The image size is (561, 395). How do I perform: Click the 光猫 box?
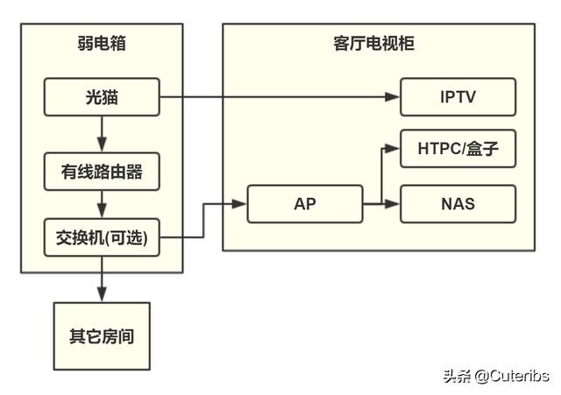[102, 96]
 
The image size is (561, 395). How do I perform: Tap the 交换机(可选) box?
[102, 237]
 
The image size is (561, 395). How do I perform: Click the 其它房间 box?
[102, 335]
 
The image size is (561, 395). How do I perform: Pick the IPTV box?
[458, 96]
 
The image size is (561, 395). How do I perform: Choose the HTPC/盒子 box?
[458, 149]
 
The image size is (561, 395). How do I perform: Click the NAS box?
[458, 203]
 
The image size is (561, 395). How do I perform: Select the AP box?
[305, 203]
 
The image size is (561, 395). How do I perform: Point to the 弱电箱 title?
[102, 43]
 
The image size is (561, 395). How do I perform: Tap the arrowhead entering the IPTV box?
[394, 96]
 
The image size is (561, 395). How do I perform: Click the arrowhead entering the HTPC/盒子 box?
[394, 149]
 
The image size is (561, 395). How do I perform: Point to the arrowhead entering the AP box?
[239, 203]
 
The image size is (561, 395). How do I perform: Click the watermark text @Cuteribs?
[512, 377]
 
